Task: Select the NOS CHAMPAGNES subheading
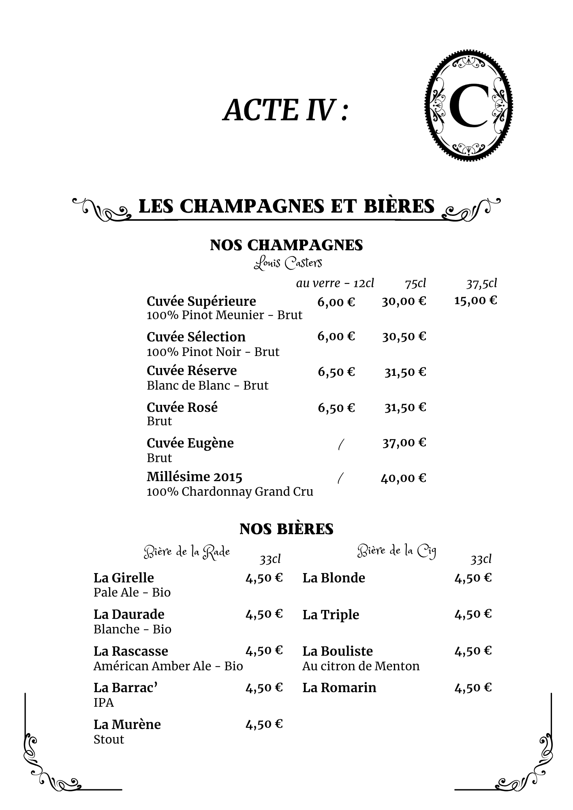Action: coord(286,245)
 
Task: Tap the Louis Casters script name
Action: coord(288,263)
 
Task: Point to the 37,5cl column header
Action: coord(481,283)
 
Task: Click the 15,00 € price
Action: coord(475,301)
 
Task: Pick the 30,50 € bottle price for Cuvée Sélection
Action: coord(404,337)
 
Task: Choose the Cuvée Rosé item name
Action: coord(182,407)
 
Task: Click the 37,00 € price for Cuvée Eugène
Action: coord(404,443)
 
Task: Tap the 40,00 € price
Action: coord(403,478)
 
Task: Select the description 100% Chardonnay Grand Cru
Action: coord(230,492)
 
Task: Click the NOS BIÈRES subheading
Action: coord(286,529)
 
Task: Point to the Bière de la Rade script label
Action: coord(187,552)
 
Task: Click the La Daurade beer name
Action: coord(129,614)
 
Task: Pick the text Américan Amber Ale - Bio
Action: coord(168,666)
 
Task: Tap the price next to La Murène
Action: coord(264,724)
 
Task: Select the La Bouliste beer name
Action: coord(337,651)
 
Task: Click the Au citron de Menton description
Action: coord(361,666)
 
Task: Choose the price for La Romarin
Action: coord(473,687)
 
